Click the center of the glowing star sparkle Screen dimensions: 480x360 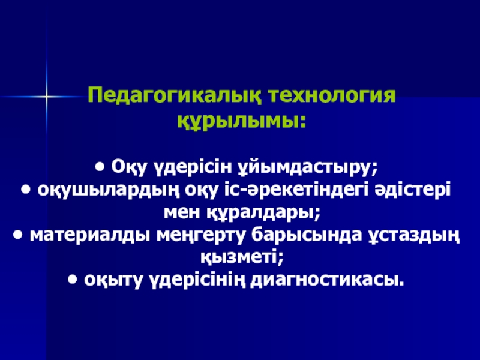point(47,97)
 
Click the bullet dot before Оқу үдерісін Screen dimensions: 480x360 point(100,168)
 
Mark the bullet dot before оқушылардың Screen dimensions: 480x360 point(26,190)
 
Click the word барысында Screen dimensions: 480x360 point(307,236)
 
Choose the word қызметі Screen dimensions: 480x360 point(242,257)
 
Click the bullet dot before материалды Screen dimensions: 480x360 point(19,235)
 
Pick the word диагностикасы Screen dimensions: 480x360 point(327,280)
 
